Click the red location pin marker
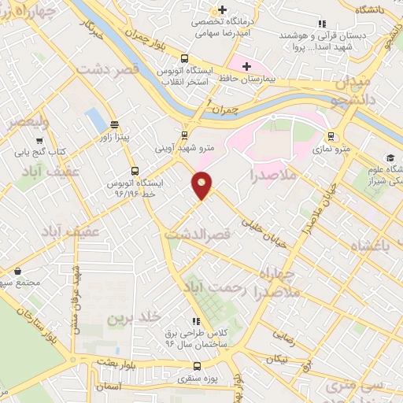point(202,184)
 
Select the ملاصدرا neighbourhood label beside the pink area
point(272,174)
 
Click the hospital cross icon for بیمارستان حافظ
point(246,66)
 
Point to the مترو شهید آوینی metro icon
point(185,134)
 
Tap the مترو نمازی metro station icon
point(331,135)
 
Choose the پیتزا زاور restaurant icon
point(115,124)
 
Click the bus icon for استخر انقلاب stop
point(184,58)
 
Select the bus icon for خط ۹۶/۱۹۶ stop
point(135,170)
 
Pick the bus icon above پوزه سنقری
point(196,366)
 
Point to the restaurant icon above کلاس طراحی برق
point(195,321)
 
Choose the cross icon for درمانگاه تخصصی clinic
point(224,10)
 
